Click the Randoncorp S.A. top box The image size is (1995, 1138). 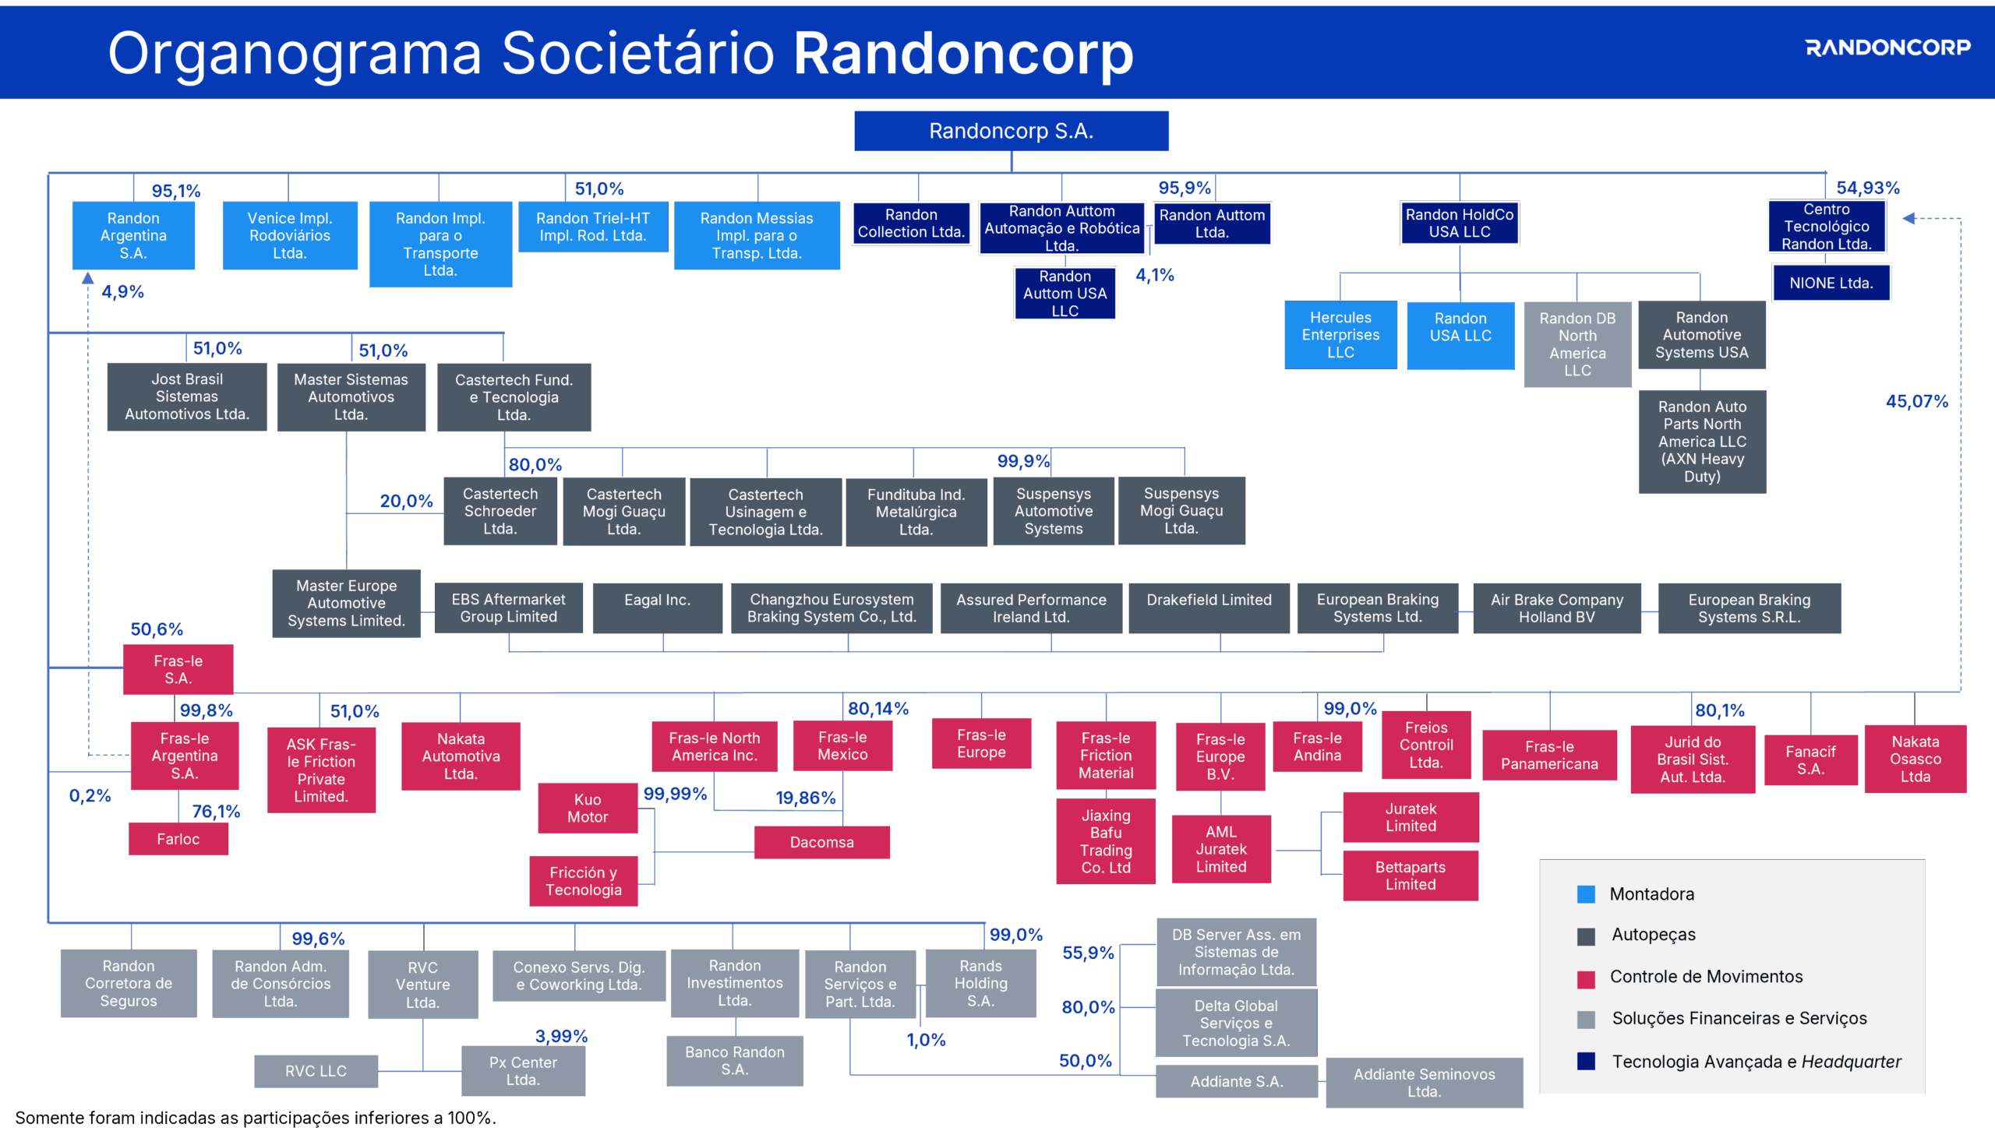click(x=1011, y=131)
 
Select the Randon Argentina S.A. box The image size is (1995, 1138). click(x=133, y=235)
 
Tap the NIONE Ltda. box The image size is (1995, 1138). click(x=1831, y=283)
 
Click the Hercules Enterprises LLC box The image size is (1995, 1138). click(x=1340, y=334)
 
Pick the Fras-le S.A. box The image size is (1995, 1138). click(x=178, y=669)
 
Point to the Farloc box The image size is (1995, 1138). click(x=178, y=839)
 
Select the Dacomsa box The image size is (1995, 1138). click(x=821, y=842)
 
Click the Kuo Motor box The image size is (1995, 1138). click(x=588, y=809)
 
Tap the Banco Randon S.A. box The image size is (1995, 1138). click(x=735, y=1061)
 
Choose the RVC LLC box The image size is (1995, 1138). click(x=316, y=1071)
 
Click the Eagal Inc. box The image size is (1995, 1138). click(x=658, y=608)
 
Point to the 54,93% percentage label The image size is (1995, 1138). click(x=1867, y=188)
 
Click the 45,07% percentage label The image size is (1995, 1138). click(x=1917, y=401)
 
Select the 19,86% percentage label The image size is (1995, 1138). click(x=805, y=798)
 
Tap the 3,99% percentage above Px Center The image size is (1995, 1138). click(x=561, y=1036)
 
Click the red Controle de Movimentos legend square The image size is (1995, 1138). click(x=1586, y=979)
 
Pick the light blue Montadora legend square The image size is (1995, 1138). click(x=1586, y=894)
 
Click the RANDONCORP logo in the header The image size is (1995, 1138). click(x=1888, y=48)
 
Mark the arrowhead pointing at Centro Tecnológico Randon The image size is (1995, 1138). click(x=1908, y=218)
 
